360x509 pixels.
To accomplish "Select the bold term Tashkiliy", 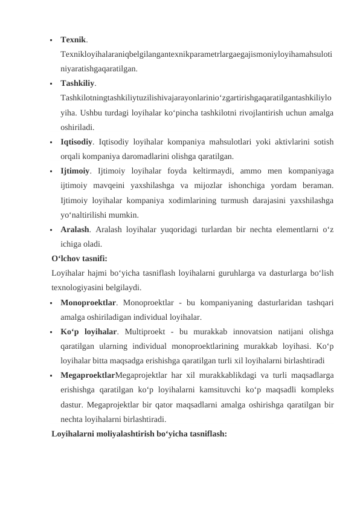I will tap(77, 83).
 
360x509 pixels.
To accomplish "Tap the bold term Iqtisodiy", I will tap(76, 141).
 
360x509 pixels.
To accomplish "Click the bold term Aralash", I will tap(75, 230).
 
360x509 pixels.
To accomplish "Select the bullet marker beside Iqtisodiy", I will tap(53, 142).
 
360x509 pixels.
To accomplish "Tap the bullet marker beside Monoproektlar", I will tap(53, 302).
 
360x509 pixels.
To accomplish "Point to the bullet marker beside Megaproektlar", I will tap(53, 375).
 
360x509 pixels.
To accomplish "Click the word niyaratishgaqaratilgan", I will tap(98, 69).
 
